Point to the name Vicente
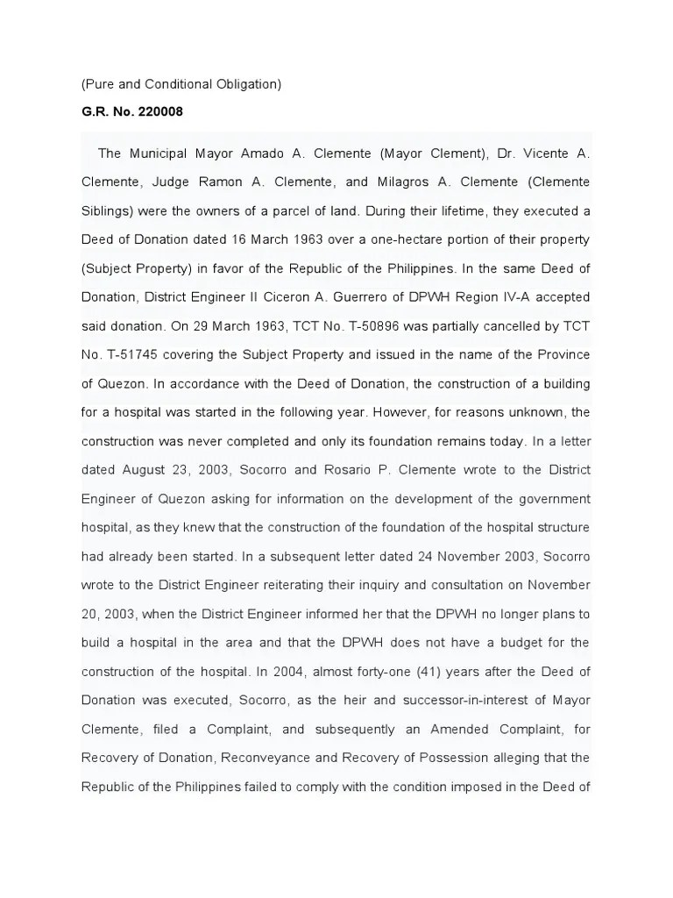pyautogui.click(x=545, y=153)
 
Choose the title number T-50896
pyautogui.click(x=393, y=325)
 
